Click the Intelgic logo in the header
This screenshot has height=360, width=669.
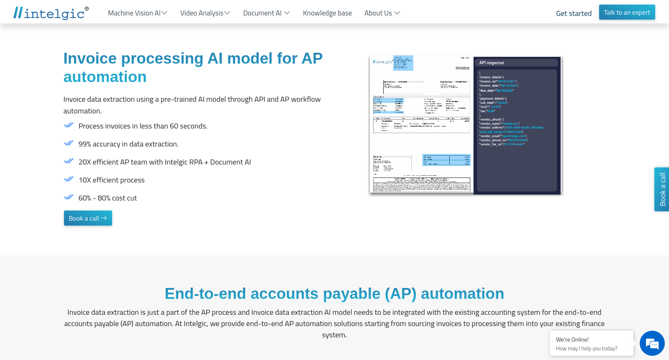[x=51, y=13]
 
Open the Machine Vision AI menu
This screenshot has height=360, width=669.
[x=137, y=13]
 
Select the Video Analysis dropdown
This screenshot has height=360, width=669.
[x=205, y=13]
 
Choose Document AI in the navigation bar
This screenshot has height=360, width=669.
[x=266, y=13]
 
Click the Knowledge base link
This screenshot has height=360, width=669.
[x=327, y=13]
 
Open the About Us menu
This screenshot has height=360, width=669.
[x=382, y=13]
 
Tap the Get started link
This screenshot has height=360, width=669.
[x=574, y=13]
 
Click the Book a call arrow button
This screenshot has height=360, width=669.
[x=88, y=218]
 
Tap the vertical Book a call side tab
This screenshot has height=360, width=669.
[x=662, y=189]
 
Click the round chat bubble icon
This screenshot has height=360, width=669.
[x=652, y=343]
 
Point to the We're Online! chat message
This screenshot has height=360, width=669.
[x=572, y=339]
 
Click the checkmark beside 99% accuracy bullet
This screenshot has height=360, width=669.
[x=69, y=143]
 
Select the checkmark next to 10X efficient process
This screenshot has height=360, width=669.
[x=69, y=179]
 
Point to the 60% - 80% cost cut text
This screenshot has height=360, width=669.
[x=108, y=198]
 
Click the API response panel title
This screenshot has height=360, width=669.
[x=492, y=63]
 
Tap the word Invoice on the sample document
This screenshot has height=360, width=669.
[x=462, y=68]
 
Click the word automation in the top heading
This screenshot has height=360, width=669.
[x=105, y=77]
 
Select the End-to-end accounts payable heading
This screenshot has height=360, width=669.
[x=334, y=293]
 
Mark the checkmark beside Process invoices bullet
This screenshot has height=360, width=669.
[x=69, y=125]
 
